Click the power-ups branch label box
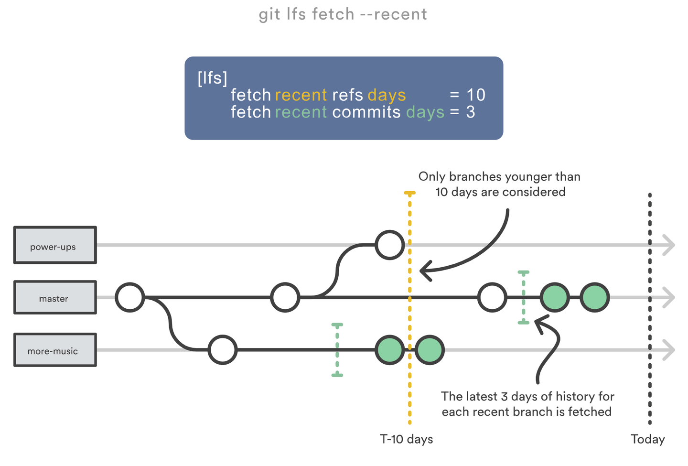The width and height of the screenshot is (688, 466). point(55,245)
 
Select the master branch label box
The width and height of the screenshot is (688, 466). point(55,297)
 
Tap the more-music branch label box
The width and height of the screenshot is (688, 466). point(55,350)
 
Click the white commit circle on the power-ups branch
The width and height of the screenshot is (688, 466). point(390,245)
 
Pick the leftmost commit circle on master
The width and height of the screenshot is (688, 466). point(130,297)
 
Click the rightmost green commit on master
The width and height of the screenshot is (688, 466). point(595,297)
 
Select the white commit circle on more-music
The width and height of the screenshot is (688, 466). point(223,350)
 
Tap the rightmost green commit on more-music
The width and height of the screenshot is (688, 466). point(430,350)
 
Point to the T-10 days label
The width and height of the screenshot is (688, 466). point(406,439)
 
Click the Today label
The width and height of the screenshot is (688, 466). point(647,439)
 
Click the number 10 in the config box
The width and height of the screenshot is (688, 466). point(476,95)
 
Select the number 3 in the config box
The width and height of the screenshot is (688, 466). point(471,112)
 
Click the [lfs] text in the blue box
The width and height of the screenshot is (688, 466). point(212,78)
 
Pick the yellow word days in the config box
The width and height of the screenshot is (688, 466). point(387,95)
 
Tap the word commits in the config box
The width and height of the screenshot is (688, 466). point(366,112)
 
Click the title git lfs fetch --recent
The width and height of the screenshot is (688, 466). point(343,14)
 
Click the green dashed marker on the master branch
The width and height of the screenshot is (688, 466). point(524,297)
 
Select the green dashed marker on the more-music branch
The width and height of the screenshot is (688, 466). point(337,350)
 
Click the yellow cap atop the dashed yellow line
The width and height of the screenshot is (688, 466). point(409,193)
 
